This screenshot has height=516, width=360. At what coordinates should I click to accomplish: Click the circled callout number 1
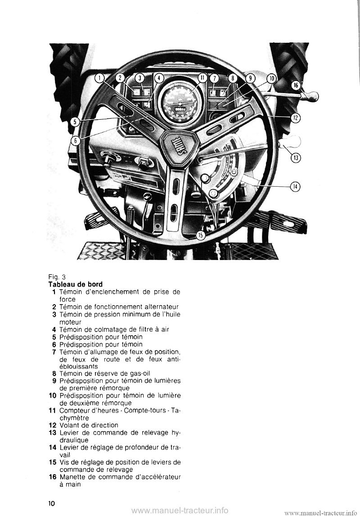[99, 78]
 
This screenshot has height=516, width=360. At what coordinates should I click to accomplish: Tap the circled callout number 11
[202, 78]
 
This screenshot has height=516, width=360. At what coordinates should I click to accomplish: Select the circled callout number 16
[296, 85]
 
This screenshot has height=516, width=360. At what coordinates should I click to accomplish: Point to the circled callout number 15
[201, 234]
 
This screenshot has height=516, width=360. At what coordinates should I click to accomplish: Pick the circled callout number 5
[76, 121]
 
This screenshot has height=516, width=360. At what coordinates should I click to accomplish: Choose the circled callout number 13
[296, 158]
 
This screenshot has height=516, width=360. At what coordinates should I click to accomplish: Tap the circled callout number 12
[295, 118]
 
